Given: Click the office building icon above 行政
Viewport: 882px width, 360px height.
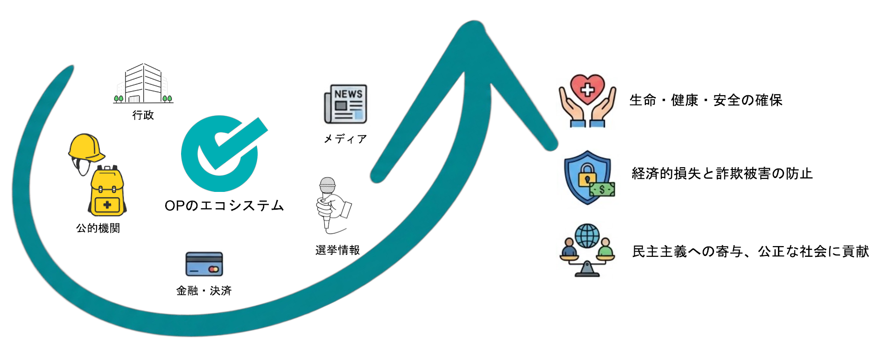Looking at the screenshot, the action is click(143, 84).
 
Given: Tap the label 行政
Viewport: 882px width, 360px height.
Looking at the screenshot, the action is click(143, 115).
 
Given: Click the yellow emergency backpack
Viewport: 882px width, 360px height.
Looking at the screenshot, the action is click(107, 191).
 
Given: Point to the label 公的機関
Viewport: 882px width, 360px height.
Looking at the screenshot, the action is click(98, 228).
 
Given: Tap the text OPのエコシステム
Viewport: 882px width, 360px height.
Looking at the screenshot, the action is click(224, 205).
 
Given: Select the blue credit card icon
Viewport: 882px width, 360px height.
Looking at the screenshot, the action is click(204, 264).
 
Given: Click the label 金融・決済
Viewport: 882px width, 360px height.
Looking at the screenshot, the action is click(204, 290).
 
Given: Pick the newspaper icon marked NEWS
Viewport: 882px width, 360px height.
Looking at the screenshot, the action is click(346, 104).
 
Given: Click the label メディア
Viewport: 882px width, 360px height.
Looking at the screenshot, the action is click(345, 139).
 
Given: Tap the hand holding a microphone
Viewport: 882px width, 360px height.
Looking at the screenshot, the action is click(333, 205).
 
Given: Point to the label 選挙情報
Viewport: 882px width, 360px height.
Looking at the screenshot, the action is click(337, 250).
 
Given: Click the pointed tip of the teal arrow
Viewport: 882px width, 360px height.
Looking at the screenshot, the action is click(475, 21).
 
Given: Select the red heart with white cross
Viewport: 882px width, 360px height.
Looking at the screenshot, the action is click(588, 89).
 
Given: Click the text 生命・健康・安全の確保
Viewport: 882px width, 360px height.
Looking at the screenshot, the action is click(706, 100).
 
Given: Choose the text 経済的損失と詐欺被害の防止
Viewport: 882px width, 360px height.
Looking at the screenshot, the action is click(722, 174).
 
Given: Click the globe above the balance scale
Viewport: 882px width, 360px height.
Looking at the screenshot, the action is click(587, 236).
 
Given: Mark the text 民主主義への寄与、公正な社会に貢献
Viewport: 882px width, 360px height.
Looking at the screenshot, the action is click(750, 252).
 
